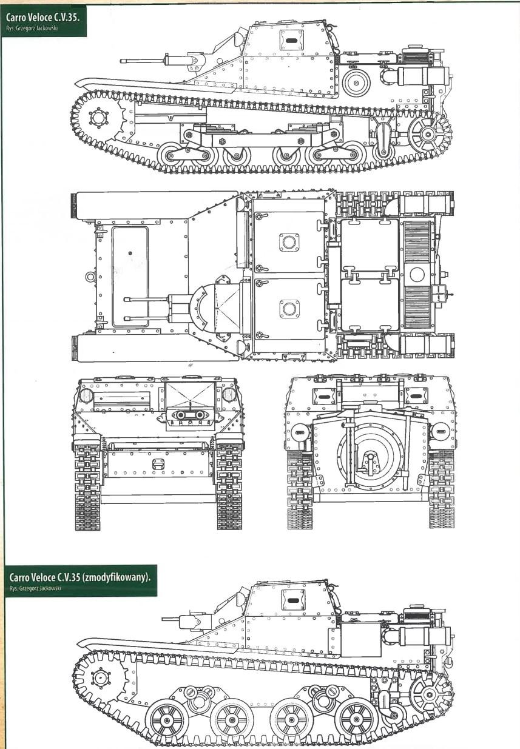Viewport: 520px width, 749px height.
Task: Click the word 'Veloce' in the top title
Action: [39, 18]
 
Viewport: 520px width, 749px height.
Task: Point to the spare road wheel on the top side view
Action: [357, 82]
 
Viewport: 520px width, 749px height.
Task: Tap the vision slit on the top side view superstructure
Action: [291, 41]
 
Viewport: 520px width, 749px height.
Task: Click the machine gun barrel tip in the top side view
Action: [122, 61]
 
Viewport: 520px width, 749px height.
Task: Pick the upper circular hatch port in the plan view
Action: [289, 241]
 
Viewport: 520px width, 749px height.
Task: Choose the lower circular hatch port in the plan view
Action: [289, 309]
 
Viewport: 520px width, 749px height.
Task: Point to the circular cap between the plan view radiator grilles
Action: [417, 275]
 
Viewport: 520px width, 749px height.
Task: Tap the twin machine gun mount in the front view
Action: [190, 415]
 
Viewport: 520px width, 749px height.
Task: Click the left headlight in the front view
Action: [86, 395]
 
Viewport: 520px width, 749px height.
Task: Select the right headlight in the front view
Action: [229, 395]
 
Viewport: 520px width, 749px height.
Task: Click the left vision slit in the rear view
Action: [323, 397]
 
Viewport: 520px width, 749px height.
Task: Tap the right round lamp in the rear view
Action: [440, 431]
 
